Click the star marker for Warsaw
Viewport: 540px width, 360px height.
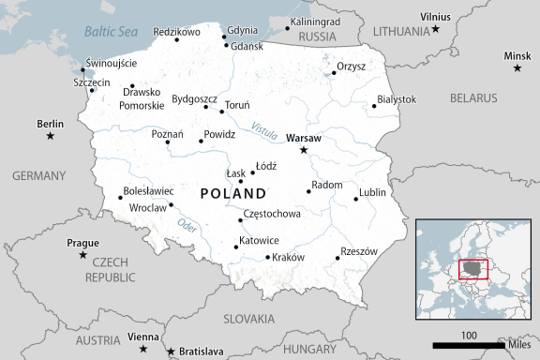point(303,150)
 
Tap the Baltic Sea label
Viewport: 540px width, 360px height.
point(111,32)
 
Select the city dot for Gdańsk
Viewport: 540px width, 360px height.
point(225,45)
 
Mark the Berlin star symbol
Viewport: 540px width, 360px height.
point(51,137)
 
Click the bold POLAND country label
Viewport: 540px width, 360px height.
point(233,193)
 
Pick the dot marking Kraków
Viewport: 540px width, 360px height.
point(268,257)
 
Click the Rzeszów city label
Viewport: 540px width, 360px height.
point(359,251)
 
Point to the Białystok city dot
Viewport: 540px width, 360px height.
point(374,106)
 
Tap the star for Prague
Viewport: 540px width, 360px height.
point(83,255)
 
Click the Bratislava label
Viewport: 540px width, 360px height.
point(201,352)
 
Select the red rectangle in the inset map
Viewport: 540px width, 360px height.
point(474,270)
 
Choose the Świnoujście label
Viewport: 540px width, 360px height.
point(111,63)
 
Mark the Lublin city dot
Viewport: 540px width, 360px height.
point(356,199)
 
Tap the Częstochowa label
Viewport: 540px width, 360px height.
point(272,214)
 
